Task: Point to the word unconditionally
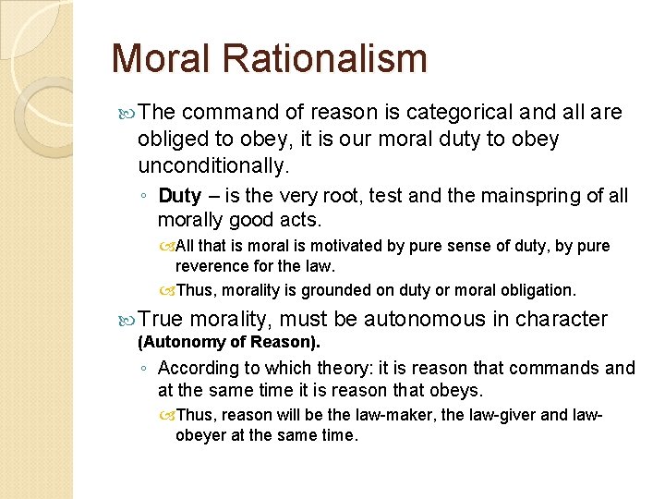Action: (x=213, y=166)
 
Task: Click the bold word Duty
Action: (x=180, y=196)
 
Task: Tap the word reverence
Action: (x=212, y=266)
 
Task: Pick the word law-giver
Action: (x=502, y=416)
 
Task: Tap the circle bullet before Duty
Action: (x=144, y=197)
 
